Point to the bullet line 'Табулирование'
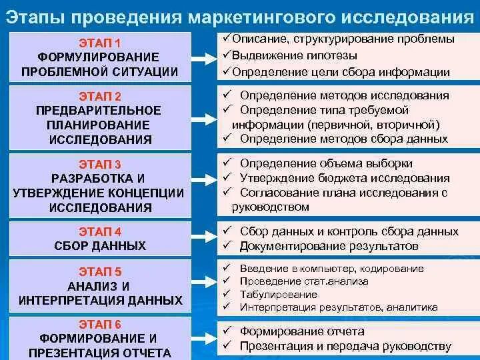coord(279,294)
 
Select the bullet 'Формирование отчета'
coord(302,331)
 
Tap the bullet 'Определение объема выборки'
coord(326,163)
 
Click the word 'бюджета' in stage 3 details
coord(353,178)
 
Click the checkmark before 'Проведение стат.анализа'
coord(227,281)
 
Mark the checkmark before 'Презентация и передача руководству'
coord(227,346)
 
